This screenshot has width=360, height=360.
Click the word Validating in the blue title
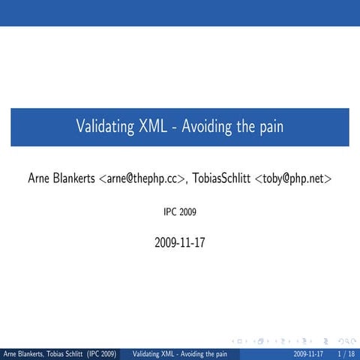tap(105, 127)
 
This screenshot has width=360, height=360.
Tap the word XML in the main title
tap(155, 127)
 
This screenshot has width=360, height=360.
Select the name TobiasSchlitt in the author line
tap(222, 178)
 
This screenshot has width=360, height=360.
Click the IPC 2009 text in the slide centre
tap(179, 212)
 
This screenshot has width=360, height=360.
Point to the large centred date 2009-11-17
tap(179, 242)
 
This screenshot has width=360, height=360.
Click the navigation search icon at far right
tap(347, 339)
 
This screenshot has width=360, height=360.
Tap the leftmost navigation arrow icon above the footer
tap(238, 339)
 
